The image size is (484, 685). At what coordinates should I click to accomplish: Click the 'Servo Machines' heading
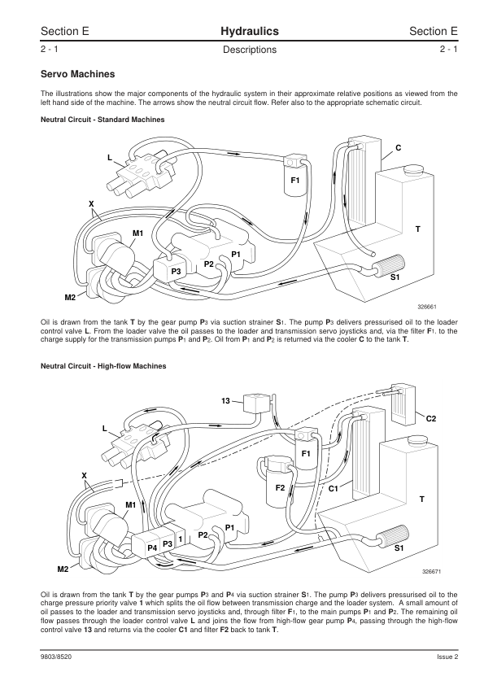coord(78,74)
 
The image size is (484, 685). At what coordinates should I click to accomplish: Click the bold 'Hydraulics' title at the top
coord(250,32)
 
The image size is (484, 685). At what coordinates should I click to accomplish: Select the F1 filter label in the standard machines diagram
coord(295,180)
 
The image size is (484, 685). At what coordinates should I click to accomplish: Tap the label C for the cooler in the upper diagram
coord(399,148)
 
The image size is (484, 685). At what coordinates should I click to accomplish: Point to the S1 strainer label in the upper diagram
coord(395,277)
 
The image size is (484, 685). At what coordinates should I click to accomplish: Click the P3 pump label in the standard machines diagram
coord(176,271)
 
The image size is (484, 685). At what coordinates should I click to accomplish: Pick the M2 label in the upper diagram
coord(70,298)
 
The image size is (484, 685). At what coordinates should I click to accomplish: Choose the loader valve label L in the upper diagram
coord(110,158)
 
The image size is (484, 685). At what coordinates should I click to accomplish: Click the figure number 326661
coord(427,307)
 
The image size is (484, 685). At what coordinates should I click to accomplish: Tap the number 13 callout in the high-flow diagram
coord(225,400)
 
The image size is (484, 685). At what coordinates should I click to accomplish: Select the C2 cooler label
coord(430,418)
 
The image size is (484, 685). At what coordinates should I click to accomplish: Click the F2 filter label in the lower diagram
coord(280,487)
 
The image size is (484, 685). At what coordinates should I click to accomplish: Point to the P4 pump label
coord(152,548)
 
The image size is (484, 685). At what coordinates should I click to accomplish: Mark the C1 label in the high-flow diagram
coord(334,488)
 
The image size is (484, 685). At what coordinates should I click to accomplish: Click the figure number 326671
coord(431,571)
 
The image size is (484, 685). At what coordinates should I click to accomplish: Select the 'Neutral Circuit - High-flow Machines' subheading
coord(103,366)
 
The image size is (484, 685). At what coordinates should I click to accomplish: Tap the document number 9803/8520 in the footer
coord(56,657)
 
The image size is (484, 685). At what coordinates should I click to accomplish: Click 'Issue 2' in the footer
coord(447,657)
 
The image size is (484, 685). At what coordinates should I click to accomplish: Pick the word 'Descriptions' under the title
coord(250,50)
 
